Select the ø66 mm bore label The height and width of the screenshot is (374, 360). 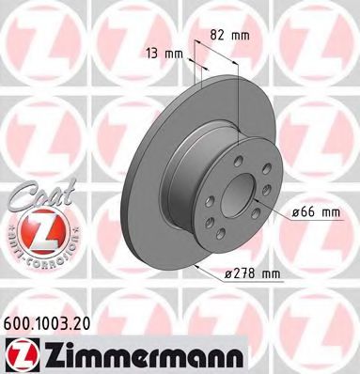pos(316,212)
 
